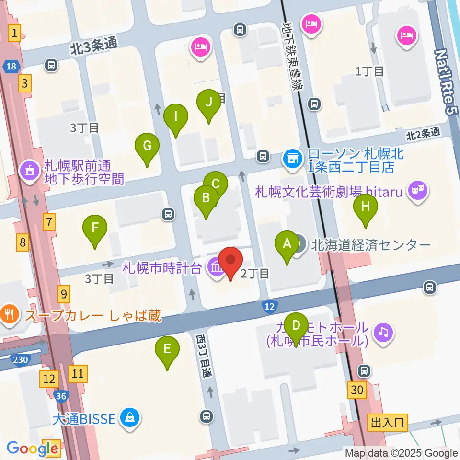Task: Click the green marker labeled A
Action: tap(287, 244)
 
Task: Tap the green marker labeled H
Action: tap(366, 207)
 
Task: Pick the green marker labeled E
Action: tap(167, 349)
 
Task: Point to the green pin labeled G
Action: tap(147, 146)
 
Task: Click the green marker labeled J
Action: tap(208, 103)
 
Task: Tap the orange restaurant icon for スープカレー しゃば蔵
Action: tap(10, 315)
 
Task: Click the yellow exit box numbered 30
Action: tap(356, 390)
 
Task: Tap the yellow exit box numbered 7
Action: tap(49, 222)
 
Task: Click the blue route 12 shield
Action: tap(270, 306)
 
